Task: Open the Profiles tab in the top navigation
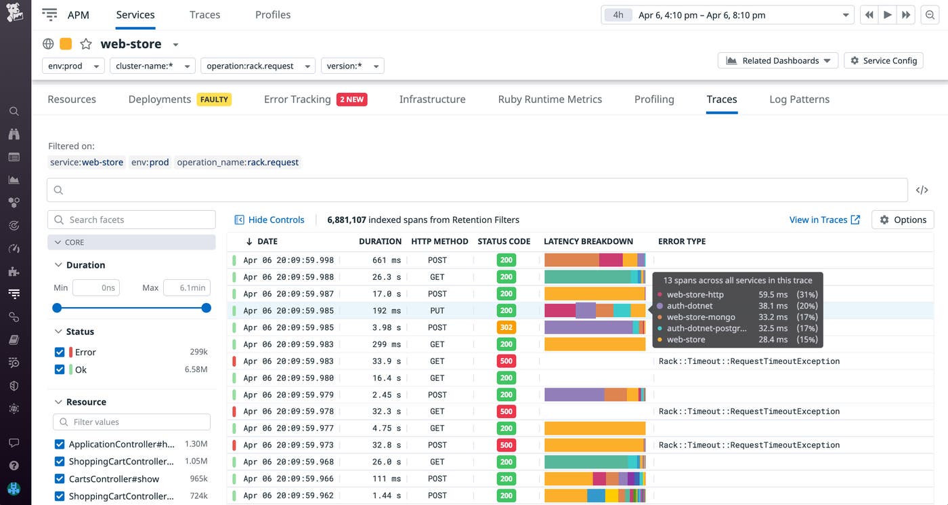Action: click(273, 15)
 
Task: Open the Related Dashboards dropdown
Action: click(778, 60)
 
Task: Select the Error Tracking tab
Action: click(297, 99)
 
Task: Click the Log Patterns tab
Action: click(799, 99)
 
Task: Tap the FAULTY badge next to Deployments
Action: click(214, 99)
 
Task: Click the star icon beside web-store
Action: click(86, 44)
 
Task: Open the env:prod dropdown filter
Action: click(73, 66)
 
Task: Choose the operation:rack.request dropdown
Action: click(258, 66)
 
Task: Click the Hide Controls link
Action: click(270, 220)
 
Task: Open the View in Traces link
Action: click(824, 220)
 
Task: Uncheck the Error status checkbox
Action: click(60, 352)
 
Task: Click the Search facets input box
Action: click(131, 220)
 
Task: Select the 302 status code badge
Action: click(506, 327)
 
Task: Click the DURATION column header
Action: click(380, 241)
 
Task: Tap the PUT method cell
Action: click(437, 310)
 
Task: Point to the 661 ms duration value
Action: click(387, 260)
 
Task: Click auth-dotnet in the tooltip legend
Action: click(689, 306)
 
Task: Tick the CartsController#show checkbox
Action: click(60, 479)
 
